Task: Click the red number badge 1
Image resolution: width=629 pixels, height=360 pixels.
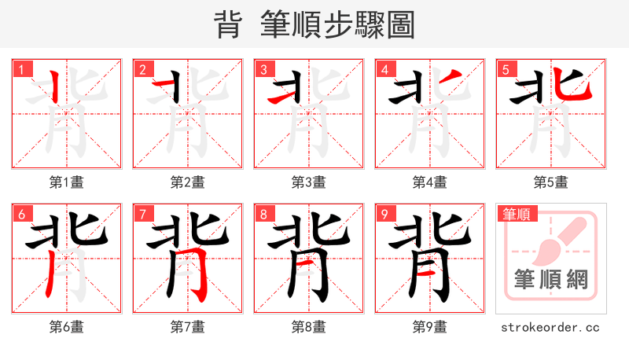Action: (21, 69)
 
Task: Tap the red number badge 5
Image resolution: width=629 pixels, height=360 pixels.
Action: (506, 69)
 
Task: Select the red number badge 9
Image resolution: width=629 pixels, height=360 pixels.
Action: (384, 214)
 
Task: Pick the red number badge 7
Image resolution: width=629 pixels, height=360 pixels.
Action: (142, 214)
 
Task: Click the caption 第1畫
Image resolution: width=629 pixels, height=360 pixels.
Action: (67, 182)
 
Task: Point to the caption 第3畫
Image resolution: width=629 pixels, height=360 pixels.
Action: (309, 182)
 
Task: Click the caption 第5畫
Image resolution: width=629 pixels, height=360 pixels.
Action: (551, 182)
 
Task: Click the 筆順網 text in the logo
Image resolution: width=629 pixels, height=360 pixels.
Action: (550, 280)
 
